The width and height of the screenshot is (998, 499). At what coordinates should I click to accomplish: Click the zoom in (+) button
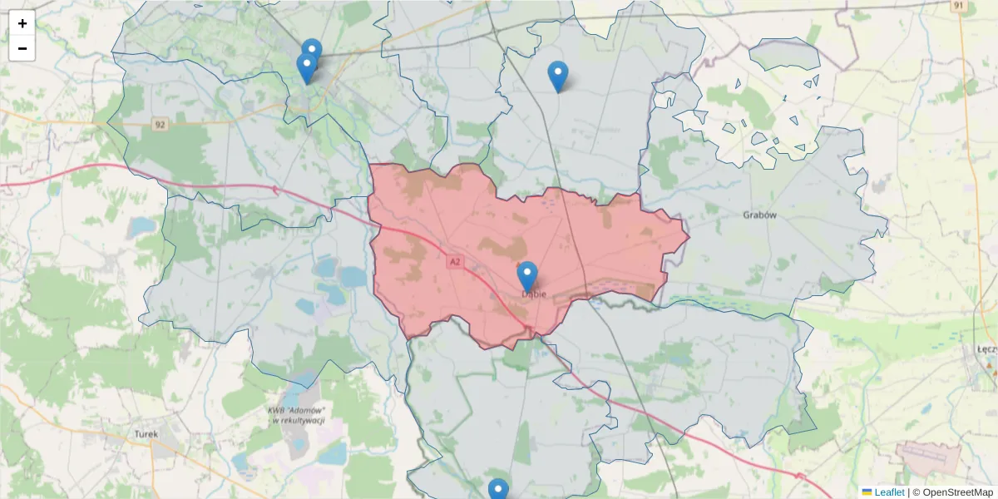[22, 23]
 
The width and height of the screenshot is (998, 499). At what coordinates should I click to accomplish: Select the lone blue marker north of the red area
[558, 76]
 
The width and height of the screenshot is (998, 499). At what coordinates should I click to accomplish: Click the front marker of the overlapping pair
[306, 67]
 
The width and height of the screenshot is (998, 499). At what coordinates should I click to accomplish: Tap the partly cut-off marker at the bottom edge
[497, 490]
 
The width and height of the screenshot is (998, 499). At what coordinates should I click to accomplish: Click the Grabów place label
[759, 215]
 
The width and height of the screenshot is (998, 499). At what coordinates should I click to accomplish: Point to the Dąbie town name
[533, 294]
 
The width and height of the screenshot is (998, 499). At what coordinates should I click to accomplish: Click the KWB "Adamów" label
[296, 416]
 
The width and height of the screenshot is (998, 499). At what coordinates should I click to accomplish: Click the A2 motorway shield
[454, 262]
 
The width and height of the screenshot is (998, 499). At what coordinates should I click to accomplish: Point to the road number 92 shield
[161, 125]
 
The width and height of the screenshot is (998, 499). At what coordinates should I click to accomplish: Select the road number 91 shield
[959, 5]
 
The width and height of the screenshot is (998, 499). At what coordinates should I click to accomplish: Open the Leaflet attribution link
[889, 492]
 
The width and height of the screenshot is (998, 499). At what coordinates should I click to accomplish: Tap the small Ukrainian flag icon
[867, 492]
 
